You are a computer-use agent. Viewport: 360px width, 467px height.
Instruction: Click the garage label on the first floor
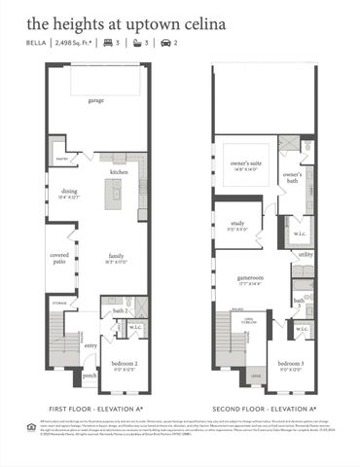(95, 100)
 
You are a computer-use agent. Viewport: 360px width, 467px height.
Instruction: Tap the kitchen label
(120, 171)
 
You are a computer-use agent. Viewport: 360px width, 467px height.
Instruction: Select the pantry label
(60, 158)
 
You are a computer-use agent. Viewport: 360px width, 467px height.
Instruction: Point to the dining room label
(69, 192)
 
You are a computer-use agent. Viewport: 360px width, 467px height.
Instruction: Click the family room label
(118, 257)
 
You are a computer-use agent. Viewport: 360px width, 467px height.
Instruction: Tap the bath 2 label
(120, 310)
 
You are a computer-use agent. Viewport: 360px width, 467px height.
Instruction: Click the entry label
(90, 344)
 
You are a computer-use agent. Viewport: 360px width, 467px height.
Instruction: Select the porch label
(90, 375)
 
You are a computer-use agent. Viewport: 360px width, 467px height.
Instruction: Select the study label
(237, 224)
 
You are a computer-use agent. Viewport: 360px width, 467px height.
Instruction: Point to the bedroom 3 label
(291, 365)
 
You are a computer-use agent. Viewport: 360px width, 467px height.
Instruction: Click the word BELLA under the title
(38, 44)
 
